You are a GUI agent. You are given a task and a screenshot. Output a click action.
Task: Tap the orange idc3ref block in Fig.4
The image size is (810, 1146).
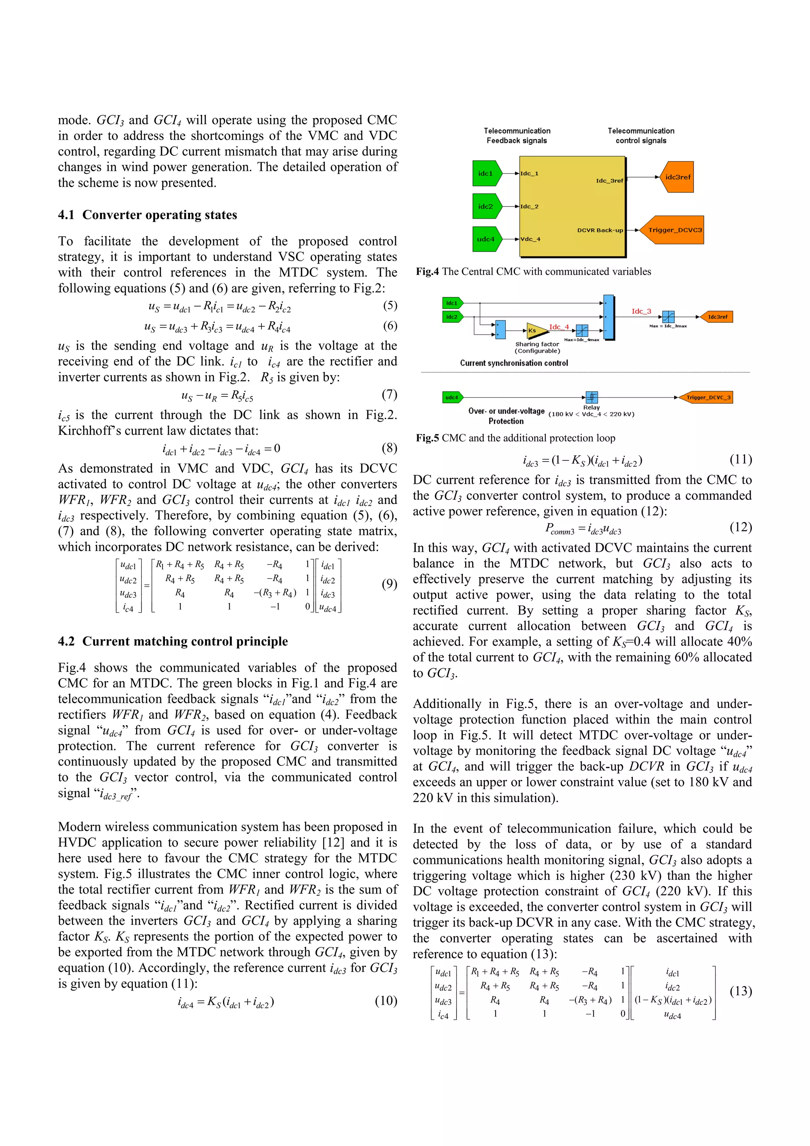(677, 177)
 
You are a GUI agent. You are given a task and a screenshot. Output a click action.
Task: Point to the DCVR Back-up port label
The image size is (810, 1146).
(600, 230)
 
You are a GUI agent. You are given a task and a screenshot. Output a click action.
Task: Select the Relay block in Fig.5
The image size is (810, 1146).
(591, 397)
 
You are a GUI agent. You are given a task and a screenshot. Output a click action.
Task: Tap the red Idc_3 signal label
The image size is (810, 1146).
(641, 311)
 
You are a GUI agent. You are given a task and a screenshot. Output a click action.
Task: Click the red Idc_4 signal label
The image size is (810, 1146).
(559, 327)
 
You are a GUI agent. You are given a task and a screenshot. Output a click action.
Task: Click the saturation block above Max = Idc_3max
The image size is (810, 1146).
(668, 316)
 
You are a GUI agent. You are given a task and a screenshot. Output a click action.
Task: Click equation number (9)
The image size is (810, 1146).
(389, 584)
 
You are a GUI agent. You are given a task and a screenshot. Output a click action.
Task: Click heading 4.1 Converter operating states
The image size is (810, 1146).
(148, 215)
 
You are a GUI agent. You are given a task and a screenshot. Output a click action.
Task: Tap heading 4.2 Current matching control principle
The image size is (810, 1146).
(173, 641)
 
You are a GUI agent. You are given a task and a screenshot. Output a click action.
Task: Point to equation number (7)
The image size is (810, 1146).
(389, 394)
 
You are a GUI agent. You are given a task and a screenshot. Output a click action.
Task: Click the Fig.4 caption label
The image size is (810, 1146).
(427, 271)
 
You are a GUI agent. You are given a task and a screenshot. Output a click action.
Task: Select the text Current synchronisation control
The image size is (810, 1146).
(514, 363)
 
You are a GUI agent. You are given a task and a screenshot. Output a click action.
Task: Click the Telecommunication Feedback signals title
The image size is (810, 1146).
(517, 135)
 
